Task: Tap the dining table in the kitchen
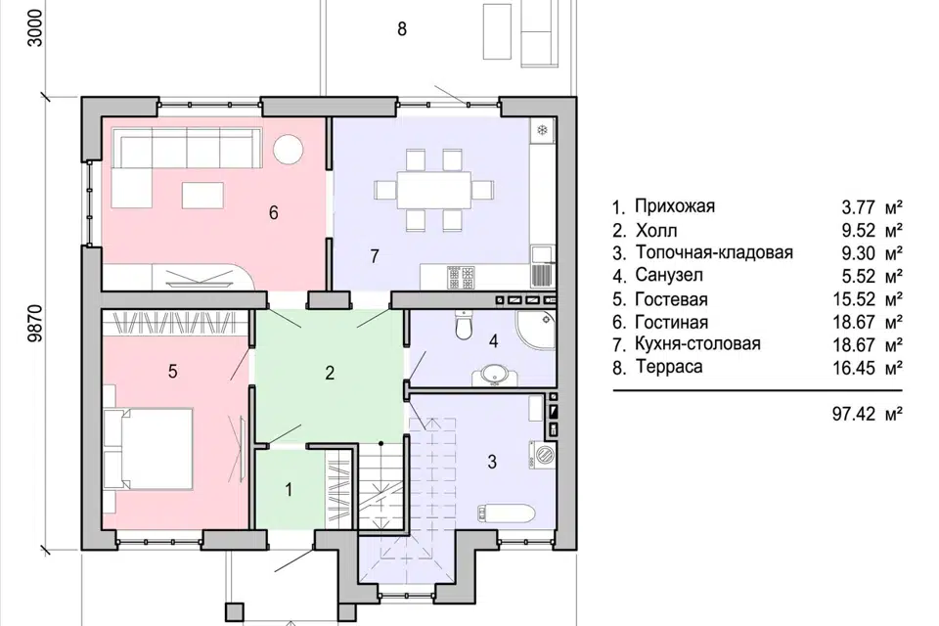coord(434,190)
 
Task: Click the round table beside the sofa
coord(289,148)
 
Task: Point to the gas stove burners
coord(461,277)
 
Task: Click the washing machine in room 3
coord(542,454)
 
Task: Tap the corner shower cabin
coord(535,330)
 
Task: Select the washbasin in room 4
coord(495,376)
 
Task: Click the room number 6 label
coord(274,212)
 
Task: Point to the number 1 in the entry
coord(289,489)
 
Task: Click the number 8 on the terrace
coord(402,28)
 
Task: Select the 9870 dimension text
coord(36,323)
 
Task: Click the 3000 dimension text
coord(36,27)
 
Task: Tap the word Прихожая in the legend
coord(675,206)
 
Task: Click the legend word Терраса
coord(669,366)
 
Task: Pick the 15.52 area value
coord(854,298)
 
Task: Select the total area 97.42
coord(854,414)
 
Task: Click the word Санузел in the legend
coord(669,275)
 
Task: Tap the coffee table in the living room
coord(202,196)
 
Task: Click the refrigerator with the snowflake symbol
coord(543,130)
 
